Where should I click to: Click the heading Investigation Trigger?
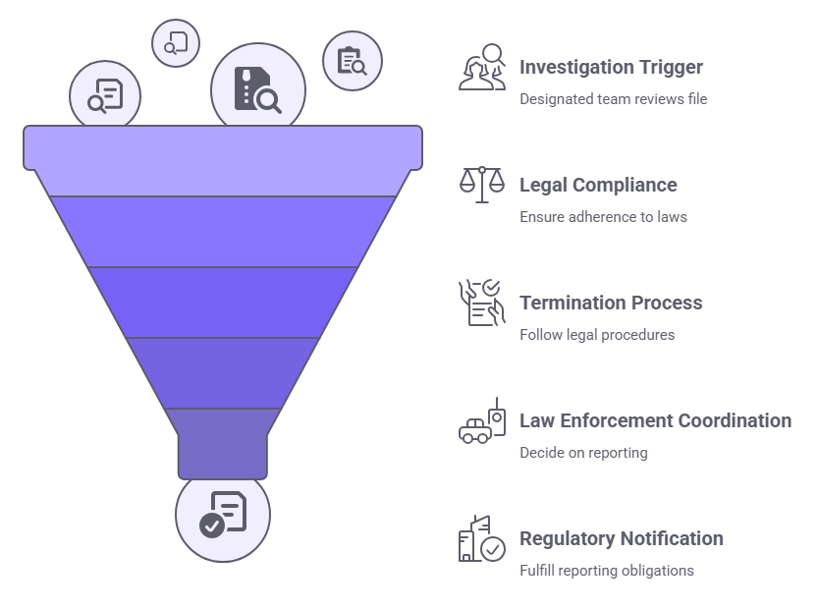tap(611, 67)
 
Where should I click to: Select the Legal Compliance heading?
tap(598, 185)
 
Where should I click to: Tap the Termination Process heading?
tap(611, 303)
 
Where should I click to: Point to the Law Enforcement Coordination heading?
tap(655, 420)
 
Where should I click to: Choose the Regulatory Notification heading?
tap(622, 538)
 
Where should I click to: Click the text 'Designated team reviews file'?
tap(613, 98)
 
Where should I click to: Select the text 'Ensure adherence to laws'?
tap(603, 216)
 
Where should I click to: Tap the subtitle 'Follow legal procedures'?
tap(597, 334)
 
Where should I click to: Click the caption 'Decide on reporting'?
tap(583, 452)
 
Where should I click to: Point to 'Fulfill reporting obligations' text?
tap(607, 570)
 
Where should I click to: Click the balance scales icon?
tap(481, 184)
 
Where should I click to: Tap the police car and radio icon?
tap(482, 422)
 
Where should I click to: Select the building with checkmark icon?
tap(481, 539)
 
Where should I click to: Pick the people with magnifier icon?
tap(481, 67)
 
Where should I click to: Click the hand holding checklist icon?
tap(481, 302)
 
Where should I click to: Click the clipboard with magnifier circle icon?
tap(352, 61)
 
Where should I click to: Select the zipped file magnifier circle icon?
tap(257, 87)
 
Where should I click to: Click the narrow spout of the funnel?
tap(223, 455)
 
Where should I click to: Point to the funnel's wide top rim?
tap(223, 146)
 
